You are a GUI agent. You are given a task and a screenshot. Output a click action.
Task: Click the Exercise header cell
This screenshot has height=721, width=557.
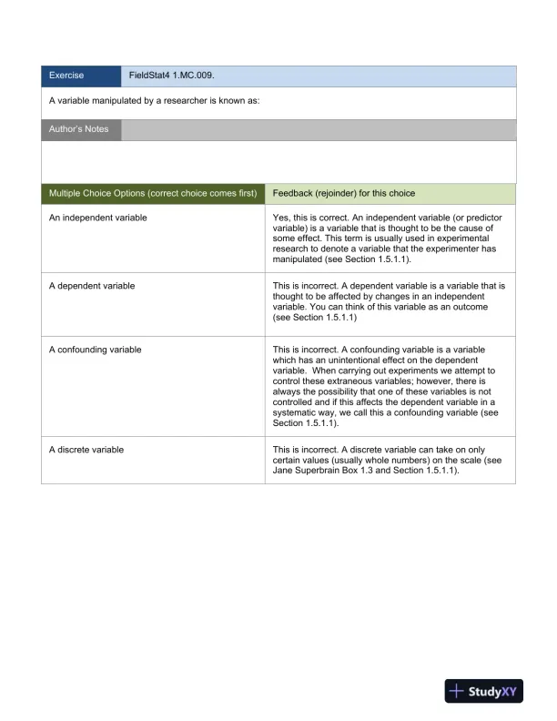[66, 76]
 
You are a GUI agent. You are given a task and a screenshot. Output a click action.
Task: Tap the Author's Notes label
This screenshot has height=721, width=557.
[78, 129]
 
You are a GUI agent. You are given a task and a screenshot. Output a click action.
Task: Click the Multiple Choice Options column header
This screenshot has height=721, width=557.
[153, 194]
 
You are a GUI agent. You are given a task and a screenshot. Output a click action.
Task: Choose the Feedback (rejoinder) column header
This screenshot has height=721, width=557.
[344, 194]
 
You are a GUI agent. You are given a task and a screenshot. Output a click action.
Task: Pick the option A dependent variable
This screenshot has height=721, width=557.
[91, 286]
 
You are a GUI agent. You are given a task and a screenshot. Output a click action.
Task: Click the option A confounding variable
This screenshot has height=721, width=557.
[95, 350]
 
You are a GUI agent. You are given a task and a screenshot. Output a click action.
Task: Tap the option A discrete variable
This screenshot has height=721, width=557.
[86, 450]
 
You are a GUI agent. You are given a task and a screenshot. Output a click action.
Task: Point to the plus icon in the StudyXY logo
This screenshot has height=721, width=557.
[458, 692]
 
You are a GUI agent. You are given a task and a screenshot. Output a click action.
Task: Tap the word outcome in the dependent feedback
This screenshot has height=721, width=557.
[471, 308]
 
